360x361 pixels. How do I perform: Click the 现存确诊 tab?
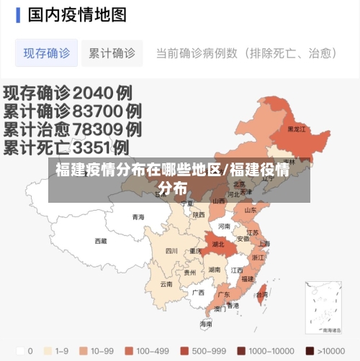click(47, 53)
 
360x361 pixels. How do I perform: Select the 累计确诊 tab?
click(112, 53)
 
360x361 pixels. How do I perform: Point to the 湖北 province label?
click(218, 244)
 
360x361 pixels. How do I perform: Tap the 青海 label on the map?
click(138, 216)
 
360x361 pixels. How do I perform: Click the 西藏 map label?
click(101, 241)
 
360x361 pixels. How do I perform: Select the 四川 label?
click(171, 251)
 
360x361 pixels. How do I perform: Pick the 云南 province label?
click(166, 283)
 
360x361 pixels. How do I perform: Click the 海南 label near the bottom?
click(207, 324)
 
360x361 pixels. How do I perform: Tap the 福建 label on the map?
click(248, 278)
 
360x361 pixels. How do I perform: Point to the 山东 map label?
click(250, 211)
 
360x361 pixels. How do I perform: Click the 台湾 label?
click(262, 294)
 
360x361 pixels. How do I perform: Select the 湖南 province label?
click(215, 270)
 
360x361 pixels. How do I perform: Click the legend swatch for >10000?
click(310, 351)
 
